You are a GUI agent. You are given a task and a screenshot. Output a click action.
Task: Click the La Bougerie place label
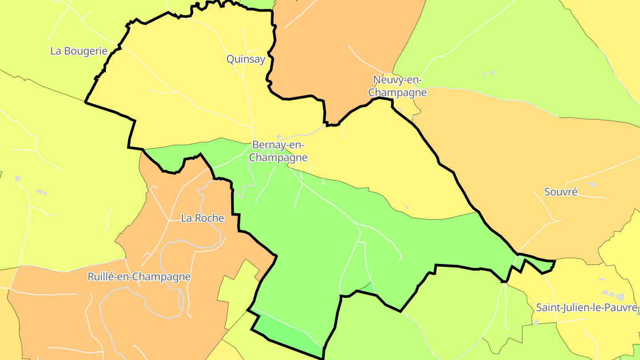tap(79, 51)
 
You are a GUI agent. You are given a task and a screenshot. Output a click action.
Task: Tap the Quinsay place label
tap(246, 59)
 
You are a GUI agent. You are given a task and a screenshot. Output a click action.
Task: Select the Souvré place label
tap(561, 192)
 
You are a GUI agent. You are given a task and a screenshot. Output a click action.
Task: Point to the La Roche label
tap(203, 218)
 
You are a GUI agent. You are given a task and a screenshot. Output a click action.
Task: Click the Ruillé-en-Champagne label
tap(139, 277)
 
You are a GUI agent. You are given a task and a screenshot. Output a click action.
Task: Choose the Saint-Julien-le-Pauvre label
tap(587, 308)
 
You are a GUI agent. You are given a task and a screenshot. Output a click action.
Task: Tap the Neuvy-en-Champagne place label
tap(398, 86)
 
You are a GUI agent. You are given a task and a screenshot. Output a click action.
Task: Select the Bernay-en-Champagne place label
tap(278, 151)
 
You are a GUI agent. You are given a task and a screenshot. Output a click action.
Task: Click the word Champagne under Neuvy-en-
tap(398, 93)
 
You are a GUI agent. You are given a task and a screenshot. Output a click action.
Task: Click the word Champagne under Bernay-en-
tap(278, 158)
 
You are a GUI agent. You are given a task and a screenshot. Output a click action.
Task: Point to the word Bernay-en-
tap(278, 145)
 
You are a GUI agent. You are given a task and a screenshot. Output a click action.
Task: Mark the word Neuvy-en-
tap(398, 80)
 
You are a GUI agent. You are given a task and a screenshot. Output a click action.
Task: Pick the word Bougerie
tap(85, 51)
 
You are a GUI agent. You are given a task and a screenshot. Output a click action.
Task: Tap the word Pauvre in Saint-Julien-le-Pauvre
tap(622, 308)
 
